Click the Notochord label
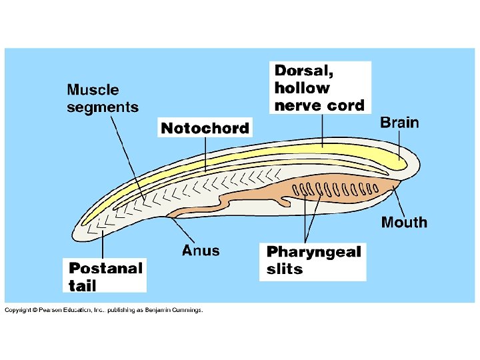[205, 128]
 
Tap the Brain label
[399, 123]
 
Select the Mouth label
[404, 223]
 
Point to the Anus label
[200, 251]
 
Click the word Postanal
[105, 268]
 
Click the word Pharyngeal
[313, 252]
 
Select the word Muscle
[93, 90]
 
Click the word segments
[103, 107]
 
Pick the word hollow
[302, 88]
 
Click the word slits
[284, 269]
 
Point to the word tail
[83, 285]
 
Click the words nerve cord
[319, 105]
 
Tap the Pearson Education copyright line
[103, 310]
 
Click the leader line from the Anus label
[183, 230]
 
